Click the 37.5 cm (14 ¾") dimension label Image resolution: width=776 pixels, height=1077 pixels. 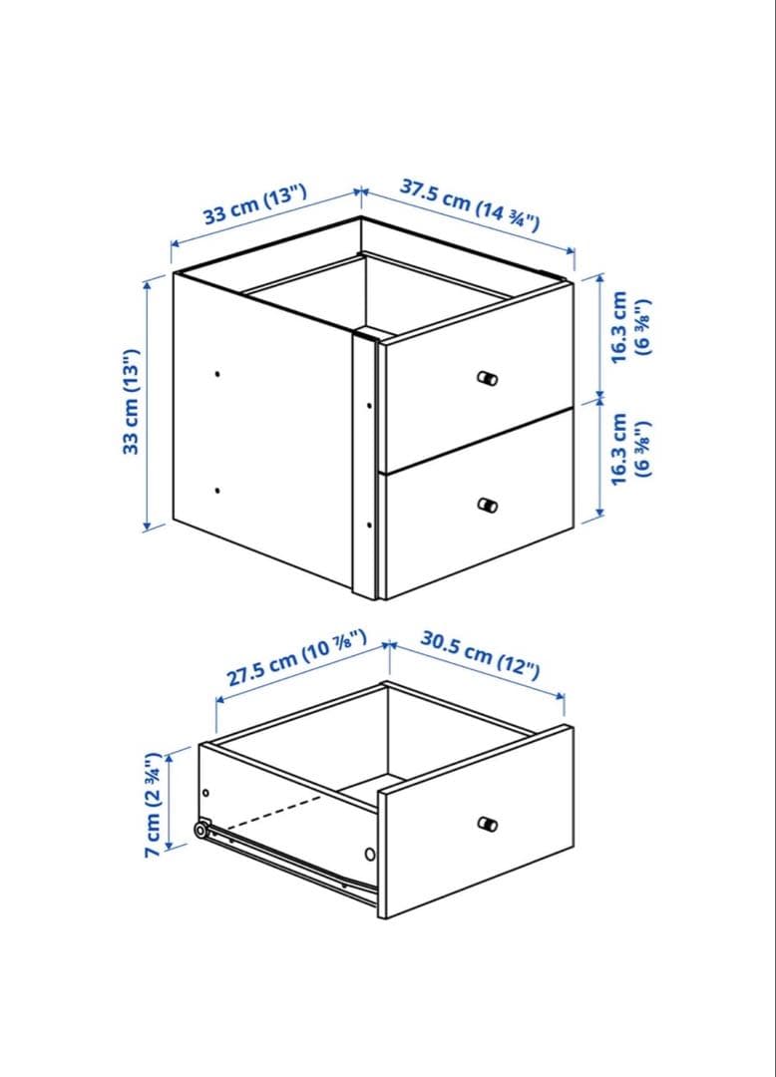[470, 204]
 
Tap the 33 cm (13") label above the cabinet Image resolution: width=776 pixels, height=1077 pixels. [254, 204]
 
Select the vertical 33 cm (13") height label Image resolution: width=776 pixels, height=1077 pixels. [131, 401]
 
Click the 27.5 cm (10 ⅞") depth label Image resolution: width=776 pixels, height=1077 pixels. [296, 658]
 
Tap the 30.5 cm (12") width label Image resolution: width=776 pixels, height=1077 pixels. [480, 655]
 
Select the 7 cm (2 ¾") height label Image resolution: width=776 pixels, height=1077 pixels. [153, 804]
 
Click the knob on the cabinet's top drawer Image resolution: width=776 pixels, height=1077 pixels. [487, 378]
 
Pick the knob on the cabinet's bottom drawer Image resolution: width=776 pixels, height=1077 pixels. [487, 505]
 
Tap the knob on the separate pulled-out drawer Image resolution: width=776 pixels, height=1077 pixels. [487, 824]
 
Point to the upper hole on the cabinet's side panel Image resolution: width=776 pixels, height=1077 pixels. [217, 374]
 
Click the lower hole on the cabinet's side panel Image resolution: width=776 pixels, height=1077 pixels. [217, 491]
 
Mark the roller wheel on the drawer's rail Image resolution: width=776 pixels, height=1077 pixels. [201, 831]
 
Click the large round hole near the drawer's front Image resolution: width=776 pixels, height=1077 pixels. [370, 855]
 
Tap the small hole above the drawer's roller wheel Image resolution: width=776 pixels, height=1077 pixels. [206, 794]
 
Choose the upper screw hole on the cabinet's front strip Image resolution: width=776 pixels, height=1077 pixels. [369, 406]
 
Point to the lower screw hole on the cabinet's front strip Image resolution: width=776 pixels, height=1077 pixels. [369, 526]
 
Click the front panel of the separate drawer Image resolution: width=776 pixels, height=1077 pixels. [475, 822]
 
